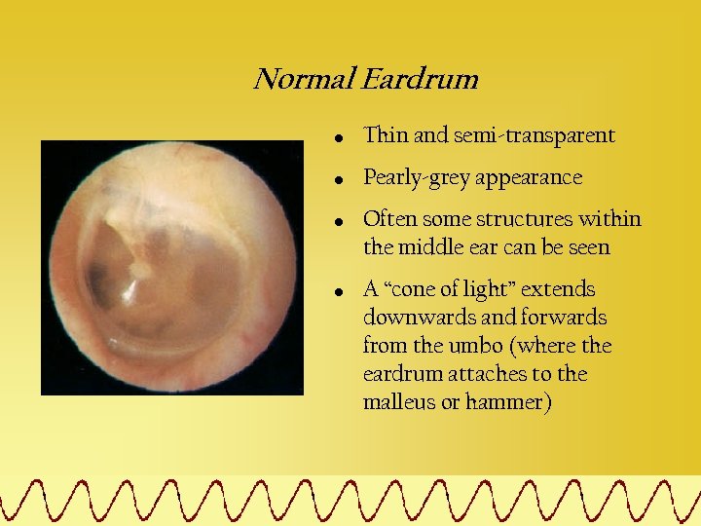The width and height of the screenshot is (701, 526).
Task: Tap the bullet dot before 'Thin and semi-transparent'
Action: pyautogui.click(x=337, y=138)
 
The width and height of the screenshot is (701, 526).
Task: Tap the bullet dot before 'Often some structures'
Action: pyautogui.click(x=337, y=221)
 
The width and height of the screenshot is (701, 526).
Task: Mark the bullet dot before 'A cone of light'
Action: pyautogui.click(x=337, y=291)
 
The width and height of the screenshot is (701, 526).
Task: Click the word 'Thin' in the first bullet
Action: pyautogui.click(x=384, y=136)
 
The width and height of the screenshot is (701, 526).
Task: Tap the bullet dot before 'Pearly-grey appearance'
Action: pyautogui.click(x=337, y=180)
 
